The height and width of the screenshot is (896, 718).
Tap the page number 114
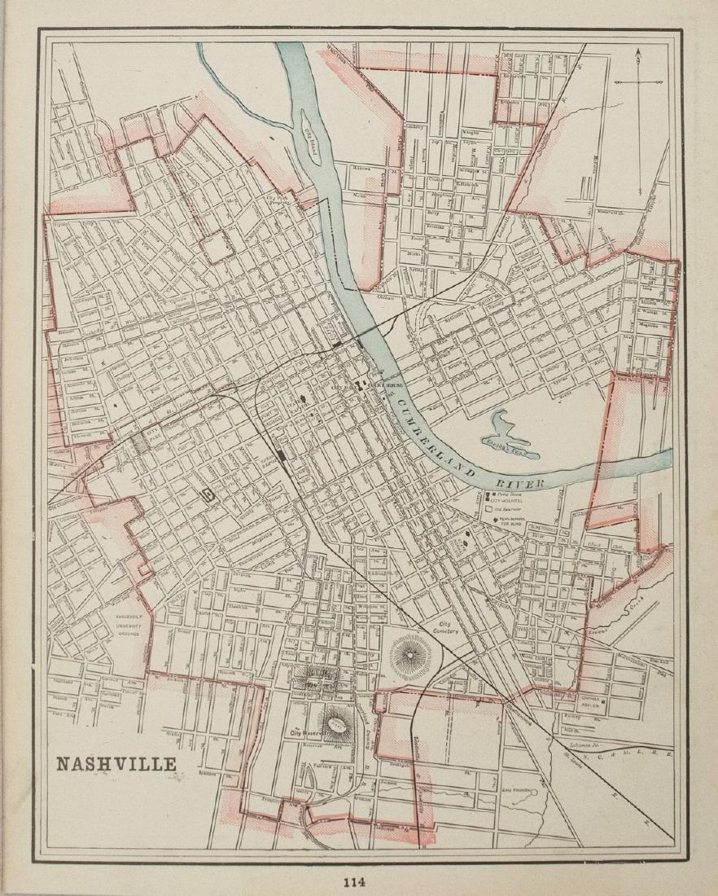point(354,881)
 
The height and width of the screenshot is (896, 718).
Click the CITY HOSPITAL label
point(510,500)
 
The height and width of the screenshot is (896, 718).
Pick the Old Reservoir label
point(510,508)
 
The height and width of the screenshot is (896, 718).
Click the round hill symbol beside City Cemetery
point(413,654)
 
